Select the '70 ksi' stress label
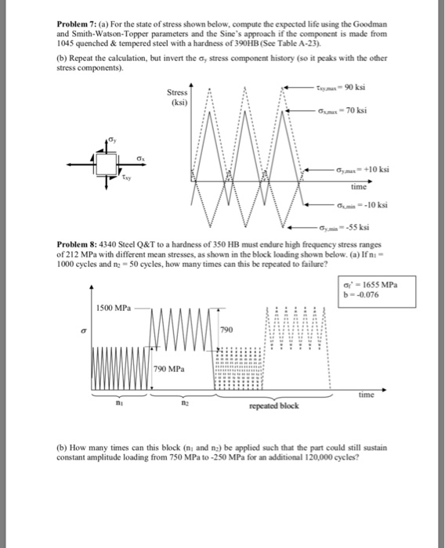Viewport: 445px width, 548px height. (x=358, y=110)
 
